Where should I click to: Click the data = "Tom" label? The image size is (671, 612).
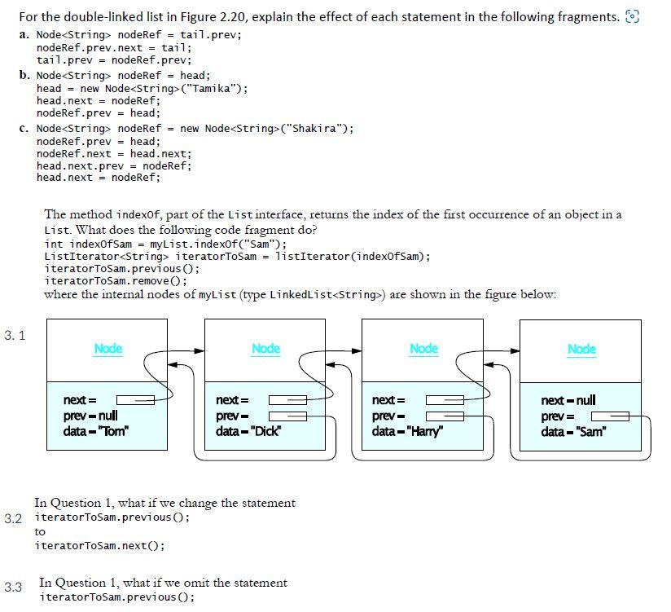[96, 431]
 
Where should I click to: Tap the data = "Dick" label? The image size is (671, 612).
[248, 431]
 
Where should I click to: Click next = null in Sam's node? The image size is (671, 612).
[568, 400]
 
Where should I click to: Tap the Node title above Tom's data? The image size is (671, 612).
[107, 349]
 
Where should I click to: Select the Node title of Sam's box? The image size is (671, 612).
[581, 349]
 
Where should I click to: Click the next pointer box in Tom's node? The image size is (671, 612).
[135, 400]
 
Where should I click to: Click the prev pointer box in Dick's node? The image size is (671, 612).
[287, 416]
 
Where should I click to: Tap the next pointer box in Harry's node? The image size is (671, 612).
[445, 400]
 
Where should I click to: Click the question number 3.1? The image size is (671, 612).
[15, 335]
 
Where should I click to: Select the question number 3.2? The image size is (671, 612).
[13, 518]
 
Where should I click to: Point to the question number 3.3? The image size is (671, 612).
[13, 587]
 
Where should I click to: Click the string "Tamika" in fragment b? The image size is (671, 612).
[212, 88]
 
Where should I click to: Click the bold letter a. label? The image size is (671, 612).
[24, 35]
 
